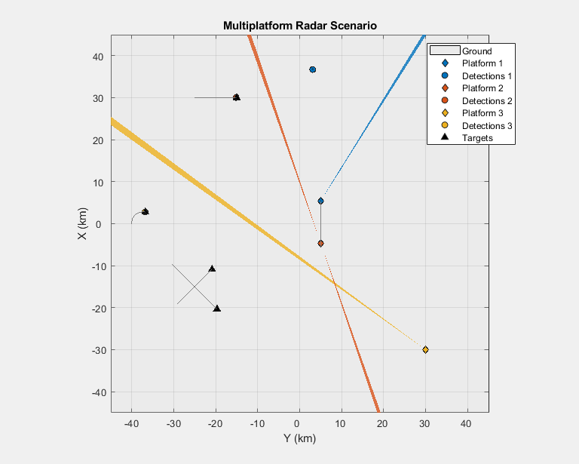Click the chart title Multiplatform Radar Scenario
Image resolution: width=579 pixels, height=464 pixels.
coord(299,26)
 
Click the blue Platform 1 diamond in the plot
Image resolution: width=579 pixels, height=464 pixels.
coord(320,201)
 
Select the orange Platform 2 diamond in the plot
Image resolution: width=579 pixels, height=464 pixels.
coord(320,244)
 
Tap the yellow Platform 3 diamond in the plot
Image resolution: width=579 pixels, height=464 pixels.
coord(425,349)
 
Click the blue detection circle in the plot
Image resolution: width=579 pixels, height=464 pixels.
coord(313,69)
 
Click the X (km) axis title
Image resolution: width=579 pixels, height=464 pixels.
coord(84,224)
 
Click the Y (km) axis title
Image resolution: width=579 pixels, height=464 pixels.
coord(299,438)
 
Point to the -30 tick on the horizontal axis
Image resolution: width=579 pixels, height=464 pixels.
coord(173,420)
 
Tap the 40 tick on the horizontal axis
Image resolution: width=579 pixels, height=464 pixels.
coord(467,420)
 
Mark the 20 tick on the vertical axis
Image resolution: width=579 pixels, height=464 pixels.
coord(98,140)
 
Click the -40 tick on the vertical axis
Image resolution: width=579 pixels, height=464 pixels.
coord(96,392)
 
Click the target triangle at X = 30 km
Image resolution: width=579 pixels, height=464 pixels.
coord(237,97)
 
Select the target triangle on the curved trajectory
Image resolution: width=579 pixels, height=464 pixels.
coord(145,212)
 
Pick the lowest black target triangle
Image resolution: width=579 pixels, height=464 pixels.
coord(217,308)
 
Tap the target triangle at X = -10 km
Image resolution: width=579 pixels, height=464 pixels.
coord(212,269)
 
